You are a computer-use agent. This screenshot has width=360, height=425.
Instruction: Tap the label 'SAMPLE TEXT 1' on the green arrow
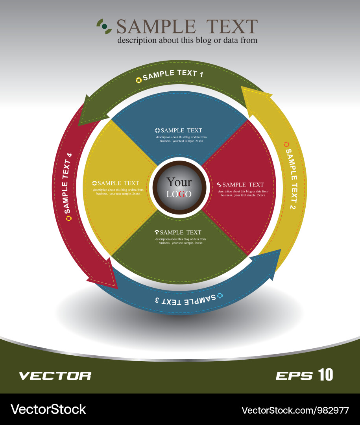pos(173,74)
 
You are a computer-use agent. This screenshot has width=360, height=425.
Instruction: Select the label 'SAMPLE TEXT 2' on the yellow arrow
pos(291,179)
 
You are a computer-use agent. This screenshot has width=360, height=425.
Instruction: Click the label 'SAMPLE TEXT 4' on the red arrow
pos(67,181)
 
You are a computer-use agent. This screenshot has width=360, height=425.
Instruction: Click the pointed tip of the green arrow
pos(80,124)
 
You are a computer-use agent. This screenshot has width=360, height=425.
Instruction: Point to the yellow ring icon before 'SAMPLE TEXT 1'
pos(138,80)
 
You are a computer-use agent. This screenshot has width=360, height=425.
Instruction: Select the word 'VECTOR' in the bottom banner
pos(55,376)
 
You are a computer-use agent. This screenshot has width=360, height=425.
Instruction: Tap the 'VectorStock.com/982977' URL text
pos(295,410)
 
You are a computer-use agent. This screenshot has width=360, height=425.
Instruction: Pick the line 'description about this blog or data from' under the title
pos(187,40)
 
